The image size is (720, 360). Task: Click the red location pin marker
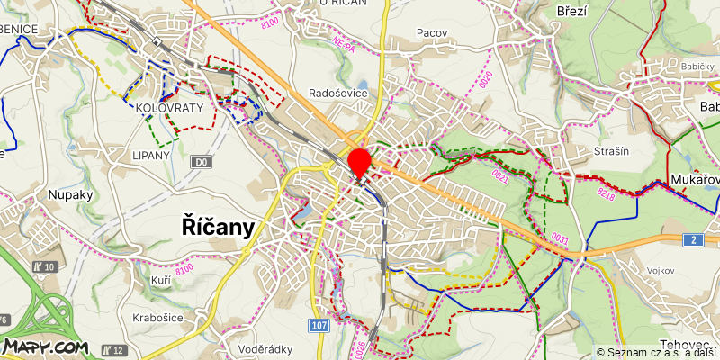[360, 163]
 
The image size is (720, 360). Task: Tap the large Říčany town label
[218, 226]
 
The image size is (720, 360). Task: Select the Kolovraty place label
[170, 108]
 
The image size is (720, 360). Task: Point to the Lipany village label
[150, 155]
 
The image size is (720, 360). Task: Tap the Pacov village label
[432, 32]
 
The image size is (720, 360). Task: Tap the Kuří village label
[161, 282]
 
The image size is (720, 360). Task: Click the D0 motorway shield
[202, 162]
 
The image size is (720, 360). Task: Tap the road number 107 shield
[319, 325]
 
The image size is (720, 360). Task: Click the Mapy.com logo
[44, 346]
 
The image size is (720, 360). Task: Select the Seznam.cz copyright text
[657, 353]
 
